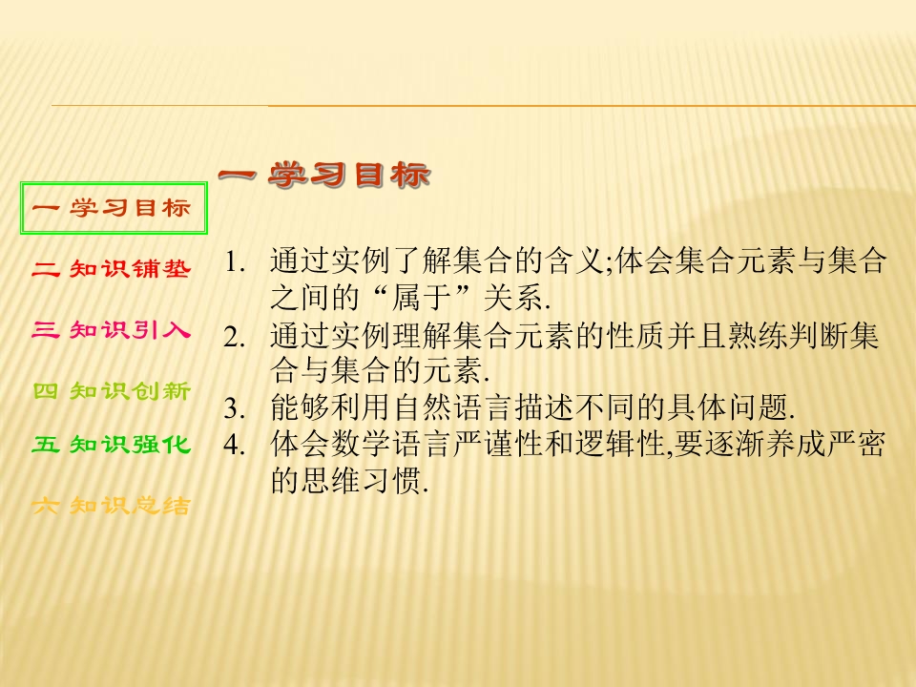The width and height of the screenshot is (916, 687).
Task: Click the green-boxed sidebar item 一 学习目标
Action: tap(114, 208)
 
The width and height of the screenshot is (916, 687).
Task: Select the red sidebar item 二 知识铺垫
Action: tap(112, 270)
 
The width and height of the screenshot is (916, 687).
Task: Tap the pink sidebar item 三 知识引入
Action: tap(112, 331)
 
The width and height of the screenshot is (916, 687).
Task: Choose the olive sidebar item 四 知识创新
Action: tap(112, 390)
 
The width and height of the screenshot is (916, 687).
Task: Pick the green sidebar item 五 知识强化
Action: tap(112, 445)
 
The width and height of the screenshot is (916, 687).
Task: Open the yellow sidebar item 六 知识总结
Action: tap(112, 507)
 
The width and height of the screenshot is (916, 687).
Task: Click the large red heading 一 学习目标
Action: tap(324, 176)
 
